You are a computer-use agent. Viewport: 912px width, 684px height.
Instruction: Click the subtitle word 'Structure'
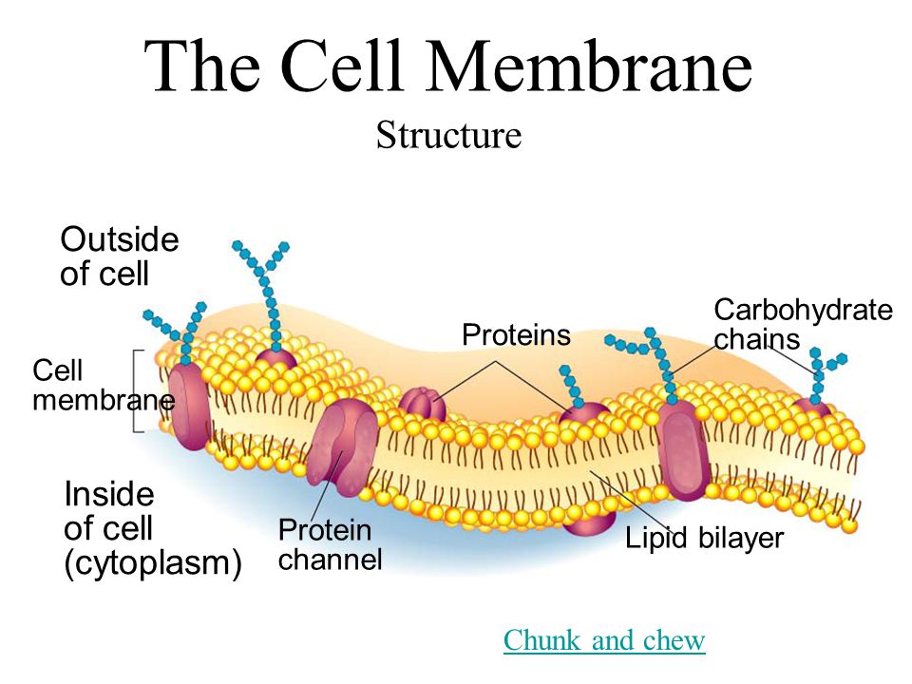tap(448, 135)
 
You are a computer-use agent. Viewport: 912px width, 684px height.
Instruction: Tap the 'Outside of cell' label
tap(119, 256)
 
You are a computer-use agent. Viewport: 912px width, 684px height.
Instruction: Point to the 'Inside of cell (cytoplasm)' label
tap(152, 529)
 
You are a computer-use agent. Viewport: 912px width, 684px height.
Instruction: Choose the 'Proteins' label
tap(516, 335)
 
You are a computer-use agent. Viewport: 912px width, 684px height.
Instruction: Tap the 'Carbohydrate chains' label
tap(803, 324)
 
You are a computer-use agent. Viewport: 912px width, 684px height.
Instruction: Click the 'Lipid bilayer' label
tap(704, 539)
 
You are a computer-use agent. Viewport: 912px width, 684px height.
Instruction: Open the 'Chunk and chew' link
tap(604, 641)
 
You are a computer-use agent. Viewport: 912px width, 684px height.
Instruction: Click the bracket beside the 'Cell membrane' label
tap(138, 391)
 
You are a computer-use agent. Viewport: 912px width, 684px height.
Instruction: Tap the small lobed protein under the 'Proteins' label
tap(422, 404)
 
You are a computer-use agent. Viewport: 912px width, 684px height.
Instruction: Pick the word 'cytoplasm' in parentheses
tap(152, 563)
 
